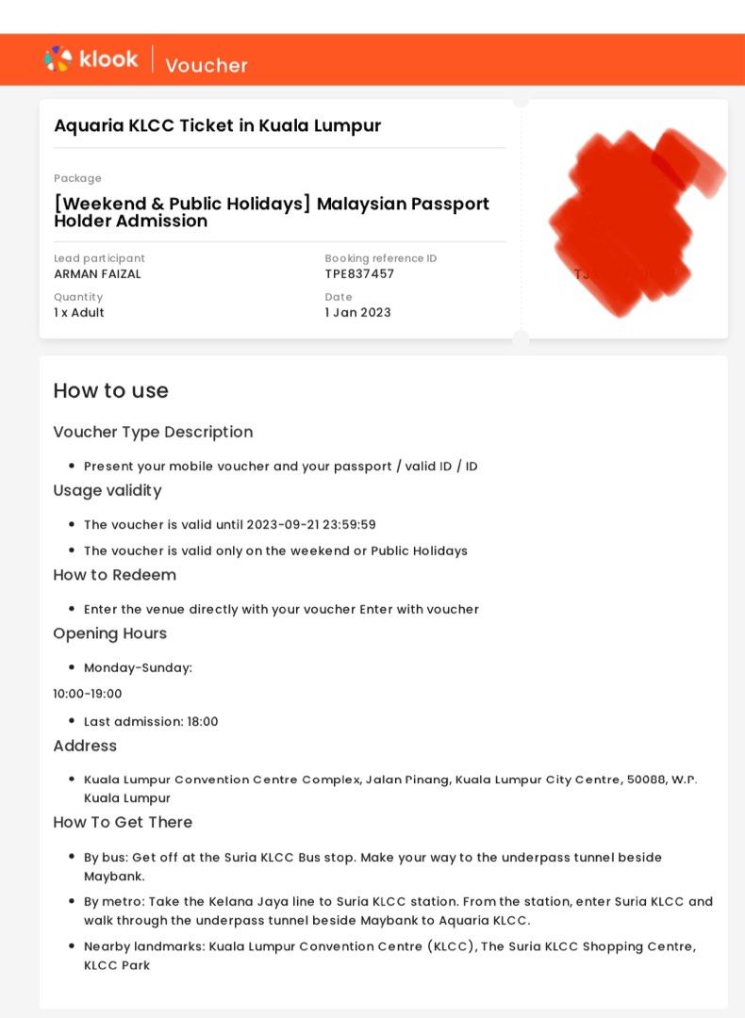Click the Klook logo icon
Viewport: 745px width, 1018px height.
pos(58,59)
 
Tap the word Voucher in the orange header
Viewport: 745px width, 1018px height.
pos(207,65)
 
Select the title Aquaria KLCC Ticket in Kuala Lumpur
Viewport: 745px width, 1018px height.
pos(217,126)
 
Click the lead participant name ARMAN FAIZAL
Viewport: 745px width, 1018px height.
pos(97,274)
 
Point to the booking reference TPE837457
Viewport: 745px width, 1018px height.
pos(359,274)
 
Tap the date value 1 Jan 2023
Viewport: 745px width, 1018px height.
pos(357,313)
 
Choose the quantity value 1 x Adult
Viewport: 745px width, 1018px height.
pos(79,313)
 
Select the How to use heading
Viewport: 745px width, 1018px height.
pos(110,391)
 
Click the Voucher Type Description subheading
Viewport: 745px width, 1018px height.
pos(153,433)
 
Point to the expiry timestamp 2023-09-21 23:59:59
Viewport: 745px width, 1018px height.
pos(311,525)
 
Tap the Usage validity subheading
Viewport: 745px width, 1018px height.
pos(108,491)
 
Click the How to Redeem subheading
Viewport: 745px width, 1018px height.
pos(114,575)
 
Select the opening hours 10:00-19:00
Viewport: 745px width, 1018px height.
pos(88,695)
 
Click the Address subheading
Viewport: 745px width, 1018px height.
pos(85,747)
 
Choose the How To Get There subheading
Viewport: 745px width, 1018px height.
pos(123,823)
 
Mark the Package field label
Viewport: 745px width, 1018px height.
pos(77,179)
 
